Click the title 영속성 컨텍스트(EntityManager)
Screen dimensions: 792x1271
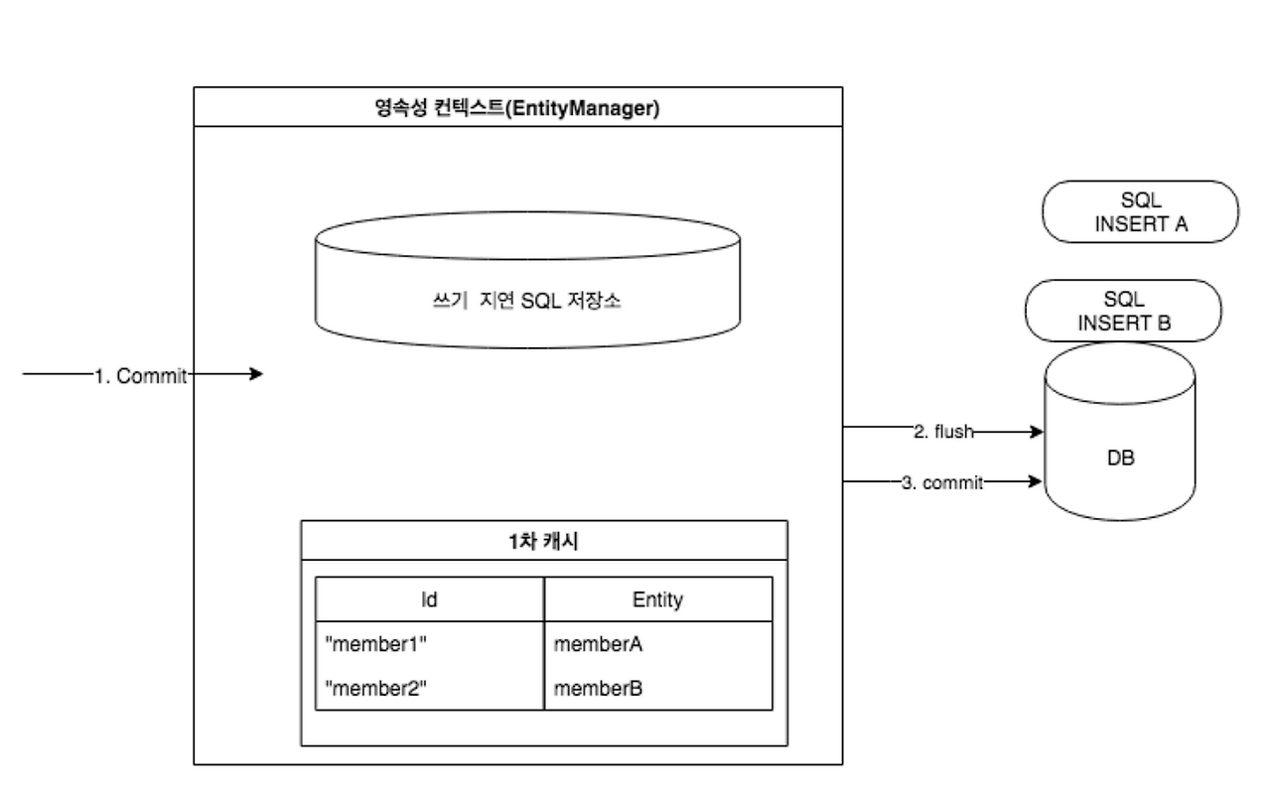[x=517, y=107]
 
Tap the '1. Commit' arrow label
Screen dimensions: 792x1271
[x=140, y=375]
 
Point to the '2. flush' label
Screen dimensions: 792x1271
[x=942, y=432]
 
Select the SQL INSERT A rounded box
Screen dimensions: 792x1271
[x=1140, y=211]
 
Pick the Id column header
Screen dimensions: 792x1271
[x=430, y=599]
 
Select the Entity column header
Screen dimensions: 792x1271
[x=657, y=599]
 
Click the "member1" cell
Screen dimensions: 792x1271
[x=376, y=644]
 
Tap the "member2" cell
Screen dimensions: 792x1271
[x=376, y=689]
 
